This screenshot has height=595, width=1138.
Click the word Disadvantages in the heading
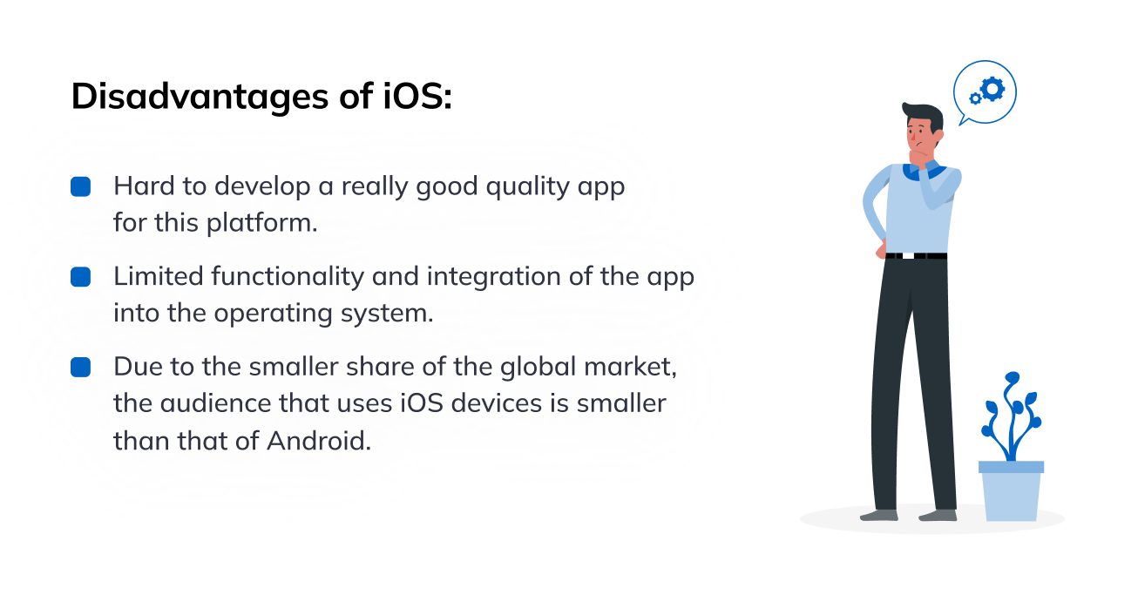coord(200,97)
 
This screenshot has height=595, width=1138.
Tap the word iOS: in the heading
coord(417,96)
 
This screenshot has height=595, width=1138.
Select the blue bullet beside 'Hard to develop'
coord(80,186)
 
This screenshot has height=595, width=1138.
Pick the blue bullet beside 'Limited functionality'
coord(80,277)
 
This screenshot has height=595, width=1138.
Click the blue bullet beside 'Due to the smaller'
coord(80,367)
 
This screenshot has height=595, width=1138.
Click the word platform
coord(261,224)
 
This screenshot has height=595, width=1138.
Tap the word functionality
coord(288,277)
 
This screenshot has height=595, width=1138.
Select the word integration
coord(494,278)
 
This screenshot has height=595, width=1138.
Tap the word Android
coord(319,441)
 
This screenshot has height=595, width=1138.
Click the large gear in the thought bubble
coord(992,90)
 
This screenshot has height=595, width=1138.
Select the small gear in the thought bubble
coord(975,98)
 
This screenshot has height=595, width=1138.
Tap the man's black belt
coord(916,255)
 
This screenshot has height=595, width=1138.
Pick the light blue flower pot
coord(1011,490)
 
